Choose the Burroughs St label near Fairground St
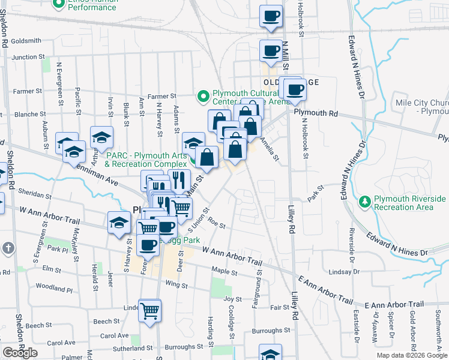271,331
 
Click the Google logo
20,353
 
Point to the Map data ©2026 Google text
412,355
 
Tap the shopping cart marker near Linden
150,311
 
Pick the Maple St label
224,272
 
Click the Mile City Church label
422,107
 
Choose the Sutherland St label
132,348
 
